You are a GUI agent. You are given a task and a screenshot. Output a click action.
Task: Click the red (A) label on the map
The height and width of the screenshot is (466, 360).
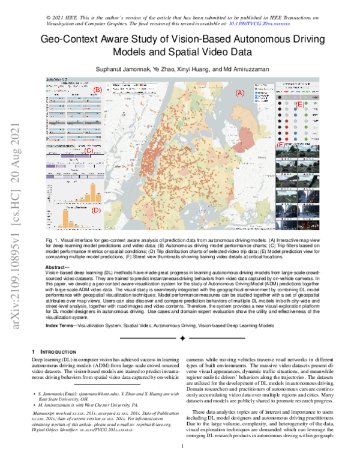pos(239,93)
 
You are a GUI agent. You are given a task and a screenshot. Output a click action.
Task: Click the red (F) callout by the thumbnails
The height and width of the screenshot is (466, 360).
pos(280,146)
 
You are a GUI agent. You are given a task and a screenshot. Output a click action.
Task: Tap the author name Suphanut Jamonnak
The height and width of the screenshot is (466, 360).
pos(119,70)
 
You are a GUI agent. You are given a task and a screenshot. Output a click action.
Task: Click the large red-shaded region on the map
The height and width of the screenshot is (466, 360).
pos(174,144)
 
